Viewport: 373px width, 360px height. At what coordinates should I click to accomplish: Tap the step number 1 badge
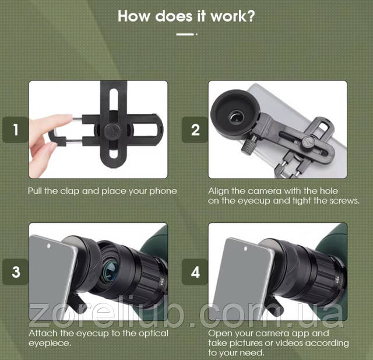pyautogui.click(x=16, y=130)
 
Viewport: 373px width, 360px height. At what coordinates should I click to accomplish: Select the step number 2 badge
pyautogui.click(x=195, y=130)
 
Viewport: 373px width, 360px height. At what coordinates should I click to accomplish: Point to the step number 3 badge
pyautogui.click(x=16, y=272)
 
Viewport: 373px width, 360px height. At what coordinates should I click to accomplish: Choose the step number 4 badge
pyautogui.click(x=195, y=272)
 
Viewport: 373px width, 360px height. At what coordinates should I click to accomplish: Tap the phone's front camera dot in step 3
pyautogui.click(x=48, y=246)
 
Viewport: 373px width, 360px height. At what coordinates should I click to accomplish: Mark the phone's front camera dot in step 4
pyautogui.click(x=245, y=249)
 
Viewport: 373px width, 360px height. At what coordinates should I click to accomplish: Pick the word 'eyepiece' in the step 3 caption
pyautogui.click(x=49, y=343)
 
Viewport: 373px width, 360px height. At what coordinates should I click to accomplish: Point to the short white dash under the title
pyautogui.click(x=185, y=34)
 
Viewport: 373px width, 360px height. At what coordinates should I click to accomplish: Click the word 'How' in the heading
pyautogui.click(x=135, y=16)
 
